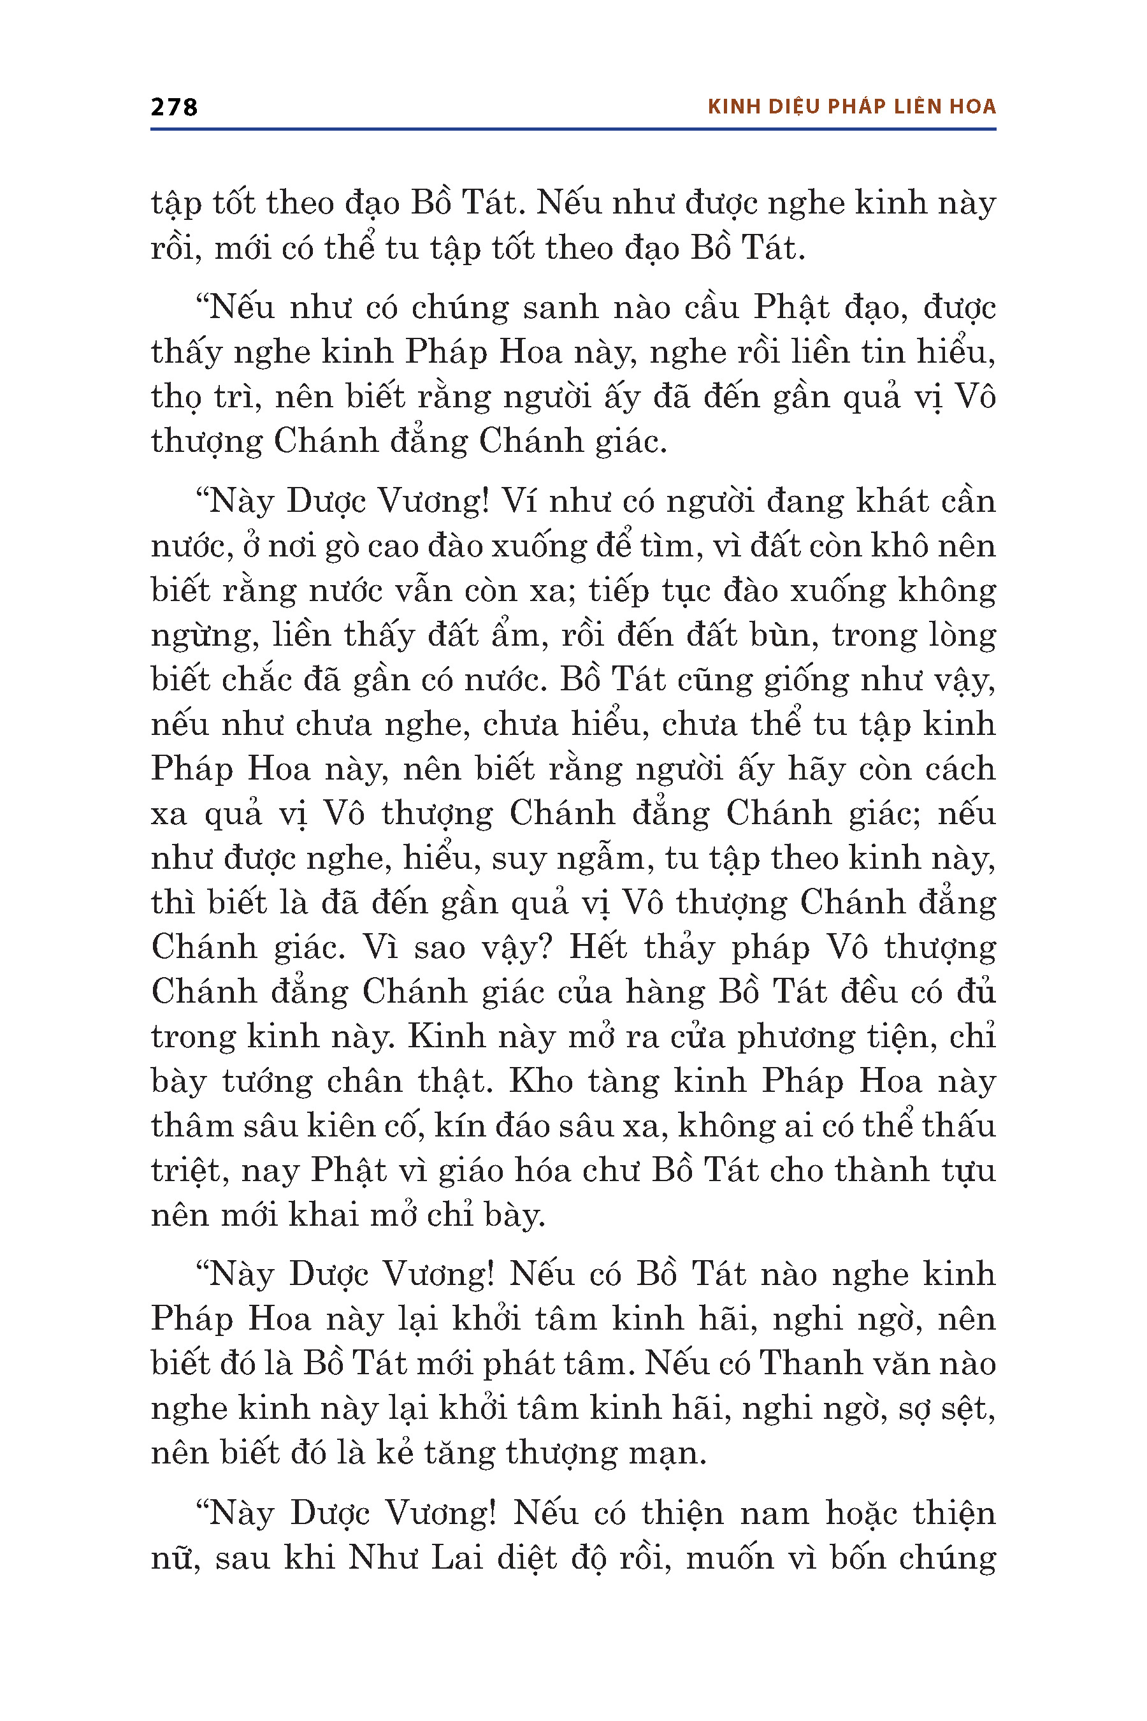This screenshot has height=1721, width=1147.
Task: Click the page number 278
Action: [x=174, y=107]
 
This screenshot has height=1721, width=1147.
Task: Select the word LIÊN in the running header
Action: [x=918, y=107]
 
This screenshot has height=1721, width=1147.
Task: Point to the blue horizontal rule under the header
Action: [x=573, y=129]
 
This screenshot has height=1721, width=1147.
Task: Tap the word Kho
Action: [x=540, y=1082]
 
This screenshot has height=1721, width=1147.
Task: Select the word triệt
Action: [x=185, y=1171]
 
